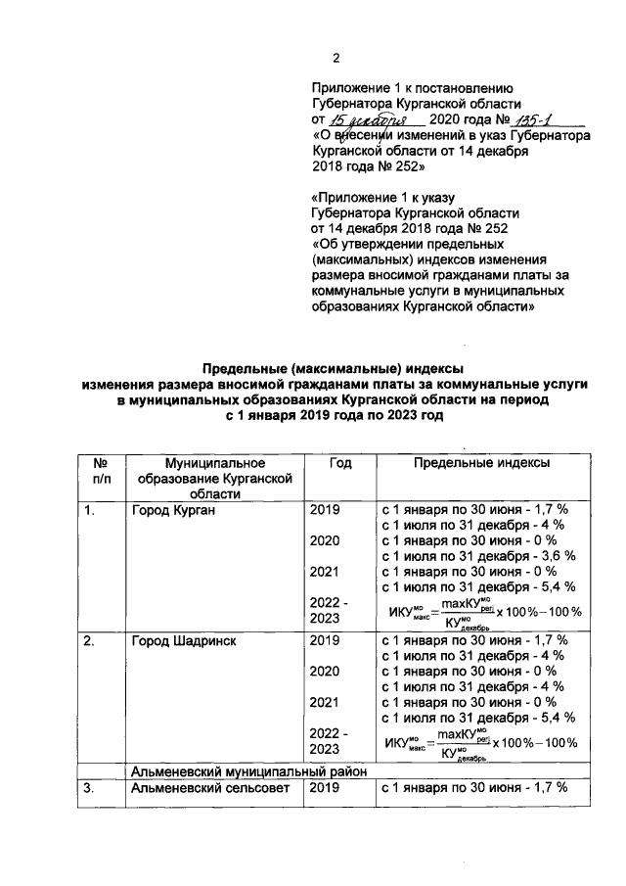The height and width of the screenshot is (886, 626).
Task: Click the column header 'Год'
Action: pyautogui.click(x=339, y=461)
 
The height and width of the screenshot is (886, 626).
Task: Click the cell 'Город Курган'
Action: pyautogui.click(x=174, y=510)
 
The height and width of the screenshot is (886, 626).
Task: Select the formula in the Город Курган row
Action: pyautogui.click(x=484, y=611)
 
